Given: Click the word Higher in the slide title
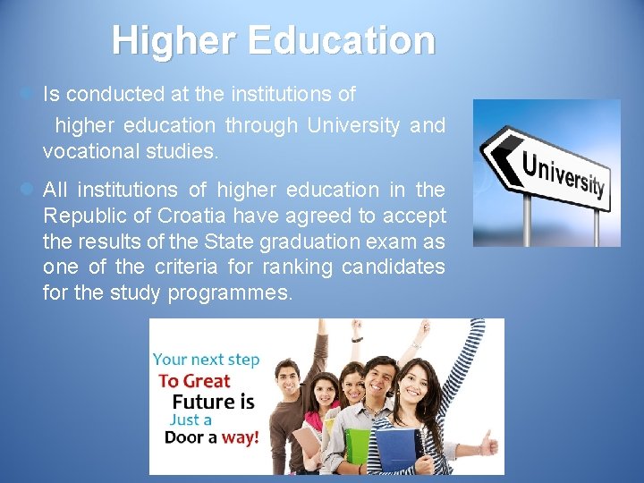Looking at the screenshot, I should (174, 40).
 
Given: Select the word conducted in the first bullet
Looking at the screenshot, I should (109, 94).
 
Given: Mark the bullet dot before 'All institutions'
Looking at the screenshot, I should (27, 190).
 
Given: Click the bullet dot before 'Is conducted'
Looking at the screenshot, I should (27, 93).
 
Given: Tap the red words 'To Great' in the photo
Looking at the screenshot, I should (194, 380).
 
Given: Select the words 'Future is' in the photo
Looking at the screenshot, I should (213, 402).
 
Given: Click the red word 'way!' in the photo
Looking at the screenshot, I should (239, 437).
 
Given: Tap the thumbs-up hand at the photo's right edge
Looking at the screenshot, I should (488, 442).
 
